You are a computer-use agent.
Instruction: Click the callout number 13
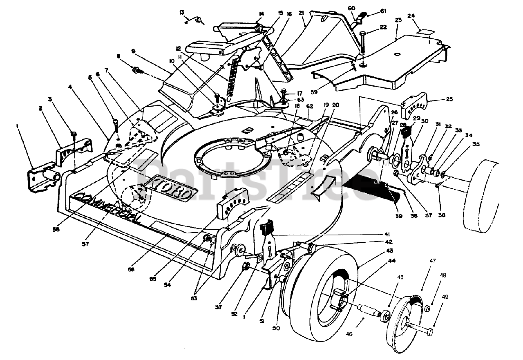tap(182, 12)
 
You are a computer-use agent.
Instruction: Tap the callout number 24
tap(411, 17)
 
